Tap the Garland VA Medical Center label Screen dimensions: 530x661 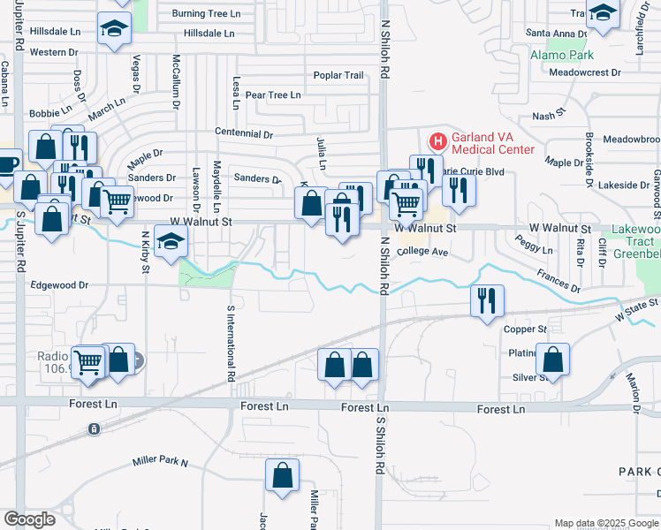tap(493, 143)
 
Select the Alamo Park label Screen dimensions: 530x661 tap(562, 55)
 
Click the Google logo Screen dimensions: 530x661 tap(29, 519)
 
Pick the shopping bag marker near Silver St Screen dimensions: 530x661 tap(552, 359)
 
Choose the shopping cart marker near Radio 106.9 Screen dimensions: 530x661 tap(88, 360)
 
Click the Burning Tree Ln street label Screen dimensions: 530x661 tap(206, 14)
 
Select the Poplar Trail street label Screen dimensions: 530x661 tap(338, 75)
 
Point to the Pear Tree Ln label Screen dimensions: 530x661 tap(273, 95)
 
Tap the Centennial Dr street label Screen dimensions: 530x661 tap(244, 134)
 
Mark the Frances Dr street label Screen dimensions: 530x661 tap(558, 282)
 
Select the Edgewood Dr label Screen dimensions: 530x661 tap(60, 285)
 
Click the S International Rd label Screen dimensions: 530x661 tap(231, 343)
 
